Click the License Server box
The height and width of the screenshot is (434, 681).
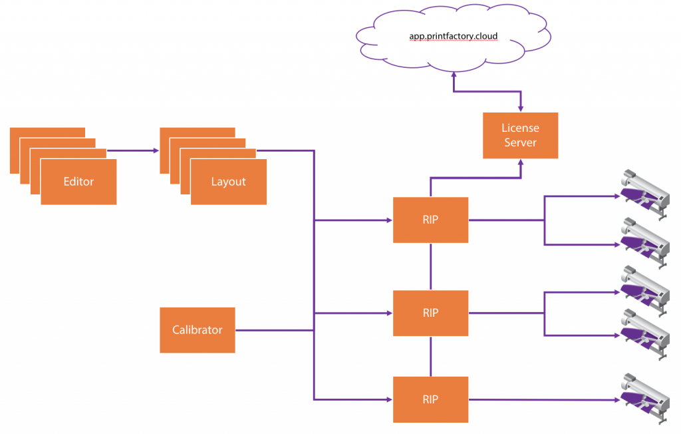tap(520, 135)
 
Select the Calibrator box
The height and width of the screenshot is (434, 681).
tap(198, 330)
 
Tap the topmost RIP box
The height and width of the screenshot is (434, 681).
tap(430, 220)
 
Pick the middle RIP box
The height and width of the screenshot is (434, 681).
tap(430, 313)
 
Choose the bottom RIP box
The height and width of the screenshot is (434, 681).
tap(430, 399)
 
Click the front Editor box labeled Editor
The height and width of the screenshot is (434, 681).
tap(78, 182)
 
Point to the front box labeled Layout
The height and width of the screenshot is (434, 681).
tap(229, 182)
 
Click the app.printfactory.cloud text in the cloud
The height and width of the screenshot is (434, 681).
tap(454, 36)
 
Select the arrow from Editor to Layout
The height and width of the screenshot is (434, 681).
tap(133, 151)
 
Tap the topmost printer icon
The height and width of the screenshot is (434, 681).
tap(645, 194)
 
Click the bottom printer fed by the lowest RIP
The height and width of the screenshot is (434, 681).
tap(645, 398)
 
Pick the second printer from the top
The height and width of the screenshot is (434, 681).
tap(645, 243)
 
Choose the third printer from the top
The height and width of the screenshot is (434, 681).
tap(645, 291)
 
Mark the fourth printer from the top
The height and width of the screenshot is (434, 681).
tap(645, 334)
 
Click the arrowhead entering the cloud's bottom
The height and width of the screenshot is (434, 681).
tap(454, 75)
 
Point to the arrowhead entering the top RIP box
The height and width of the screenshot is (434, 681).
tap(390, 220)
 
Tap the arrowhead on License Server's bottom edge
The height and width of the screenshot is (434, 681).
tap(521, 162)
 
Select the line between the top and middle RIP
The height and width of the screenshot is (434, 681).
tap(431, 266)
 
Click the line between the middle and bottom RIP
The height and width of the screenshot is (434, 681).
tap(431, 356)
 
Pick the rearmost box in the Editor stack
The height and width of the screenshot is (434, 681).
tap(47, 132)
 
